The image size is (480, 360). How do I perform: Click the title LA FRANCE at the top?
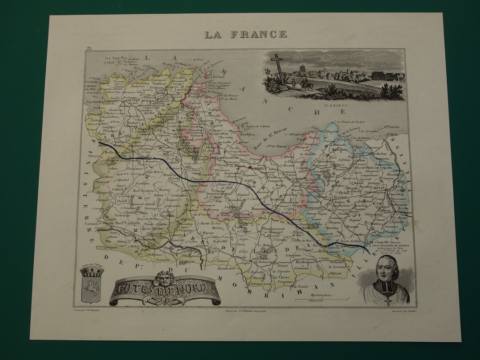pyautogui.click(x=245, y=34)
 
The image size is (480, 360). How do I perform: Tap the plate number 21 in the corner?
pyautogui.click(x=89, y=48)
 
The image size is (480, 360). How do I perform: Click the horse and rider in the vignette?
pyautogui.click(x=306, y=84)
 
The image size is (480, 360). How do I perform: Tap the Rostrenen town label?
pyautogui.click(x=144, y=239)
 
